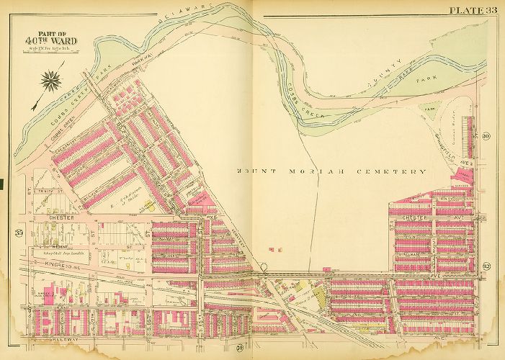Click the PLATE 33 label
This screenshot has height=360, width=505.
pos(473,9)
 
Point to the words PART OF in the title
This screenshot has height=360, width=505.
pos(51,40)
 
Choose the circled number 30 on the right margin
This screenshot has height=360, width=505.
pos(486,137)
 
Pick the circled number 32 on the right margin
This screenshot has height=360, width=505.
pos(486,266)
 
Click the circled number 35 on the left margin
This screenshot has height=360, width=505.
pos(18,231)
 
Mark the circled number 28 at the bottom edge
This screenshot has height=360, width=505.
pos(237,351)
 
